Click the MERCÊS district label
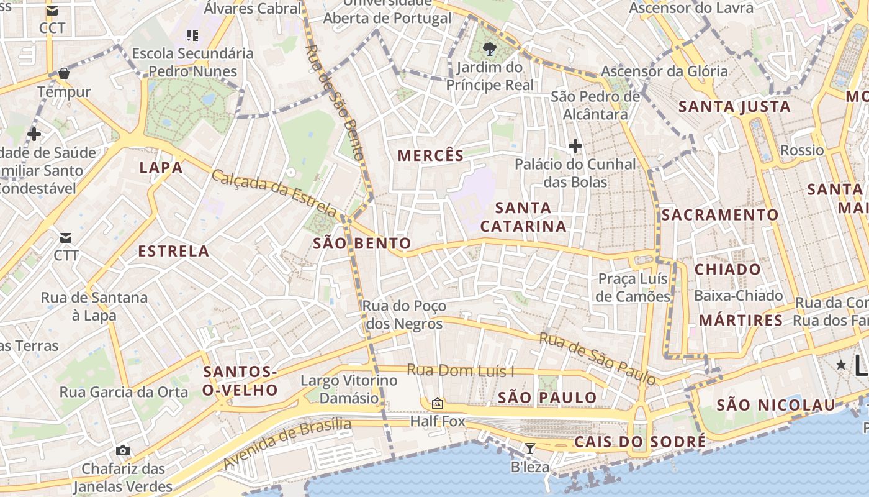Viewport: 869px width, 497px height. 431,155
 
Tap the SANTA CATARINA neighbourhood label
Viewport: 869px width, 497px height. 523,217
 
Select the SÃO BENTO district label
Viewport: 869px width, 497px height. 362,244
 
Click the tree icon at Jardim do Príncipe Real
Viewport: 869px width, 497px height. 490,48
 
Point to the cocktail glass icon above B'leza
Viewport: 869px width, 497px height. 529,448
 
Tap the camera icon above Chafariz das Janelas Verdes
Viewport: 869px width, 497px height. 123,450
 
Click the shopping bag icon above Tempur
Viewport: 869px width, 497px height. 63,74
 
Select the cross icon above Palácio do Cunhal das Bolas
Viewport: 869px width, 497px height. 575,147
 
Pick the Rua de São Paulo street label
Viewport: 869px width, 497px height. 597,358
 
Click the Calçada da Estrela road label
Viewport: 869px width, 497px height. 274,193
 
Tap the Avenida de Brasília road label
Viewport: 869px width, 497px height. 287,444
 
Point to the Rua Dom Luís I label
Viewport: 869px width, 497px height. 461,371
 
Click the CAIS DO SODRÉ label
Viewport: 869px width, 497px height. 640,442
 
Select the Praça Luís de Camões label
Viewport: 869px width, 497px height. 633,288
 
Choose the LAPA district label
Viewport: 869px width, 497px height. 161,168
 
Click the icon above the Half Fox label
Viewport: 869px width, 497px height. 437,403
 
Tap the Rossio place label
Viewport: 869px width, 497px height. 802,150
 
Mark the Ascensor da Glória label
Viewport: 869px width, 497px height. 664,71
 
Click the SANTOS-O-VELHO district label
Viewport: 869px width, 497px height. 240,381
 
